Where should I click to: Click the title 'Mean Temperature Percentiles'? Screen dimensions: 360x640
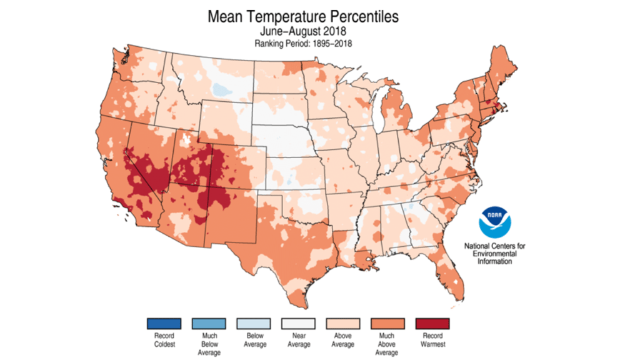pyautogui.click(x=303, y=16)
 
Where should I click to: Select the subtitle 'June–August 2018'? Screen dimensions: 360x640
pyautogui.click(x=303, y=31)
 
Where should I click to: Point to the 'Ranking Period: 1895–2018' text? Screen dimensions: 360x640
pyautogui.click(x=303, y=43)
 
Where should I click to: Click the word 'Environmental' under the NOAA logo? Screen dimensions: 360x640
pyautogui.click(x=495, y=254)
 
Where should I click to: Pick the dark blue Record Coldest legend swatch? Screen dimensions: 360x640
pyautogui.click(x=164, y=323)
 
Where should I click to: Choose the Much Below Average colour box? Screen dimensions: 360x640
pyautogui.click(x=209, y=323)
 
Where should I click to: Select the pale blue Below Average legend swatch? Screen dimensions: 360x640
pyautogui.click(x=254, y=323)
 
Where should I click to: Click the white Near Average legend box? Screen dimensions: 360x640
pyautogui.click(x=299, y=323)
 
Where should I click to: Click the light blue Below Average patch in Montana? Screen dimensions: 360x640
pyautogui.click(x=220, y=89)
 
